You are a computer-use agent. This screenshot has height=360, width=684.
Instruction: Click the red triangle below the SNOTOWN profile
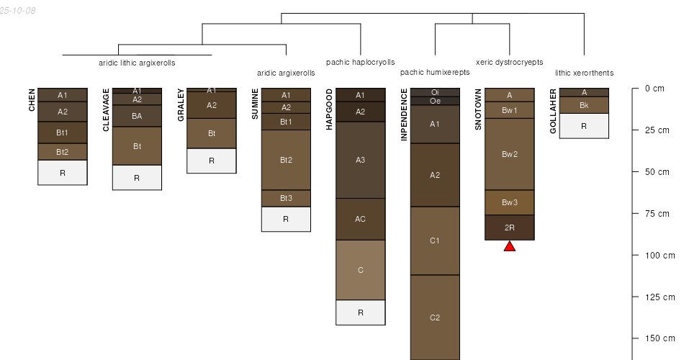(x=510, y=246)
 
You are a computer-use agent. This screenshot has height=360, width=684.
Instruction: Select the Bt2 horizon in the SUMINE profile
(x=286, y=160)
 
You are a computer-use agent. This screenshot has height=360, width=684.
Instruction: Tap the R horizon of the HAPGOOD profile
(x=360, y=312)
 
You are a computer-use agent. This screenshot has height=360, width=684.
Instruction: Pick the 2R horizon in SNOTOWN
(x=510, y=228)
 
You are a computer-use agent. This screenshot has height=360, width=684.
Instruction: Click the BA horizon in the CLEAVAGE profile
(x=137, y=116)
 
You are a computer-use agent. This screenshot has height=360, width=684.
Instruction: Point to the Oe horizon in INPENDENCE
(x=435, y=101)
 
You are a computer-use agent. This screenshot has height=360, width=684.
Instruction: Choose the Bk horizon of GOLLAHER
(x=584, y=105)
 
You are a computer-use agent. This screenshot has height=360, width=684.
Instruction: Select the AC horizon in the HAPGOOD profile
(x=360, y=219)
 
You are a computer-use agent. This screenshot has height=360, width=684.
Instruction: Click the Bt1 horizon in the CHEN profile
(x=63, y=132)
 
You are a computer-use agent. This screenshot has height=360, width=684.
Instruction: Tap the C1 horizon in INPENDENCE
(x=435, y=241)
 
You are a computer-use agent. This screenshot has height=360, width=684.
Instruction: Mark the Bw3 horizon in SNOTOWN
(x=510, y=202)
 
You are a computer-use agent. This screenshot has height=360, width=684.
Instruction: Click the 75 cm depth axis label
(x=657, y=213)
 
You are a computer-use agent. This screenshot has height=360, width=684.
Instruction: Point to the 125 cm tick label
(x=660, y=297)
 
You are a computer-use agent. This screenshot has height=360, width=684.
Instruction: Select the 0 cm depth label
(x=654, y=89)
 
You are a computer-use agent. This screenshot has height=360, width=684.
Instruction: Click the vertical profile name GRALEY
(x=181, y=105)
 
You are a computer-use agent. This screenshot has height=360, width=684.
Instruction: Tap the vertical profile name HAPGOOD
(x=329, y=109)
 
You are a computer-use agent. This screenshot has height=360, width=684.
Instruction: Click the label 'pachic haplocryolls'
(x=360, y=62)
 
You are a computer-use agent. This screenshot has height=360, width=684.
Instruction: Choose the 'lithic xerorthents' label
(x=584, y=73)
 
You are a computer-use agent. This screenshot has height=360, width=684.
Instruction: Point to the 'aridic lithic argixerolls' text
(x=137, y=63)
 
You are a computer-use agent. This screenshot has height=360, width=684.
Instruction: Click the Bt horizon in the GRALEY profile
(x=212, y=133)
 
